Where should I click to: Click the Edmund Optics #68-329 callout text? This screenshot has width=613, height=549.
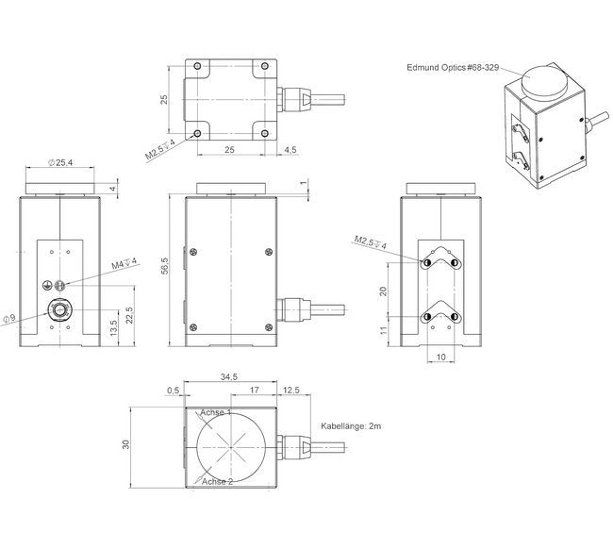click(452, 67)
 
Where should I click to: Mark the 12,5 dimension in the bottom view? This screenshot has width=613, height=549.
click(290, 390)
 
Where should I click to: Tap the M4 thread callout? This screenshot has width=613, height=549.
click(124, 261)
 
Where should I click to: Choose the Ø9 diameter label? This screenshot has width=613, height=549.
click(9, 318)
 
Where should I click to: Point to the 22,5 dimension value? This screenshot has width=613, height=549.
click(118, 313)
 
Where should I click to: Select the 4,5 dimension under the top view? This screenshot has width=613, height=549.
click(290, 150)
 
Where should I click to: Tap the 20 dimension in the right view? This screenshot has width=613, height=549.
click(383, 291)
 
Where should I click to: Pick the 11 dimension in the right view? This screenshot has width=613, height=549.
click(383, 332)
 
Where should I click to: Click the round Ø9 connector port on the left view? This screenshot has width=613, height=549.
click(58, 310)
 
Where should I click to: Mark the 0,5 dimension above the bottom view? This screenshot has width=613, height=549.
click(173, 390)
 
